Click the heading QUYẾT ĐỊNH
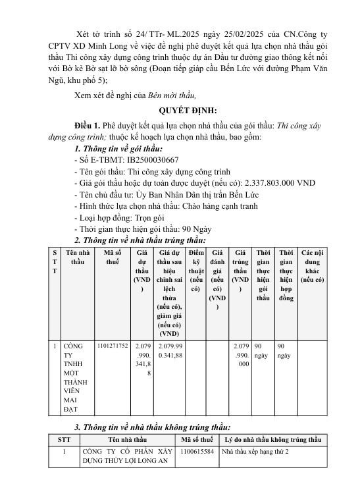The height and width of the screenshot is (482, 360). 180,110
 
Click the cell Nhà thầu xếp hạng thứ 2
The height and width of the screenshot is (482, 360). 259,452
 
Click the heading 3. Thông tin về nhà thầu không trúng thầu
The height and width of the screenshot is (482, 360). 152,427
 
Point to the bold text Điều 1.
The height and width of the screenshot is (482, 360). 89,124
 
